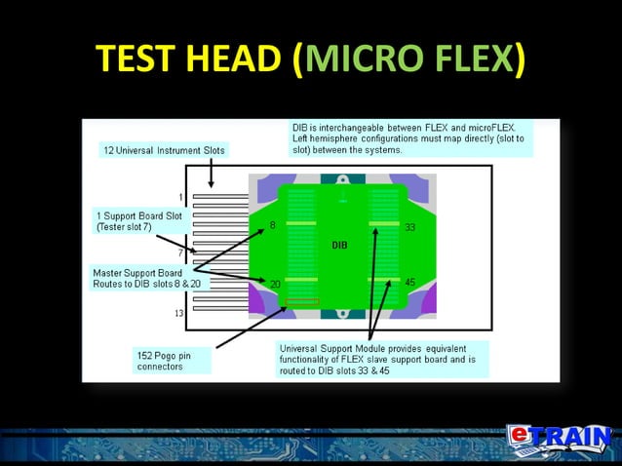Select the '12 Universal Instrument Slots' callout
[164, 150]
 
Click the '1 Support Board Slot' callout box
[137, 221]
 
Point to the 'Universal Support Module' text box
[382, 359]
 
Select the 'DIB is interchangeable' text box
[411, 138]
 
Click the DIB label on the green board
[339, 245]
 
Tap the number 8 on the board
[273, 226]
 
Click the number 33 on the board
[410, 227]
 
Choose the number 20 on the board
[276, 284]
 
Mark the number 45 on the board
[410, 283]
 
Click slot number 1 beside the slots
[180, 197]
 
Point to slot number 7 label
[180, 253]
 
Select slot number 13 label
[179, 313]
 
